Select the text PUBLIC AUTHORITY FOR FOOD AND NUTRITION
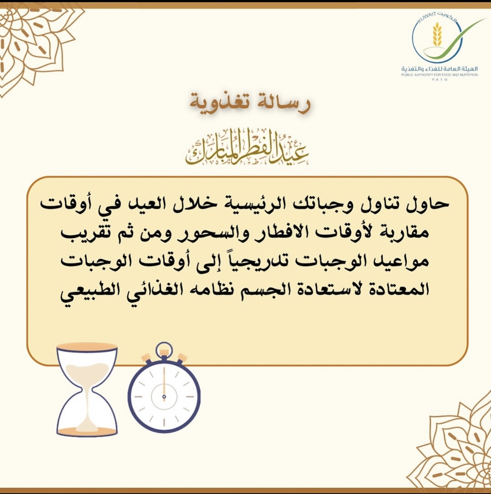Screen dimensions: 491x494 pyautogui.click(x=440, y=75)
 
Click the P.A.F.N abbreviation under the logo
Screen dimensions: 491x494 pyautogui.click(x=440, y=80)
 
